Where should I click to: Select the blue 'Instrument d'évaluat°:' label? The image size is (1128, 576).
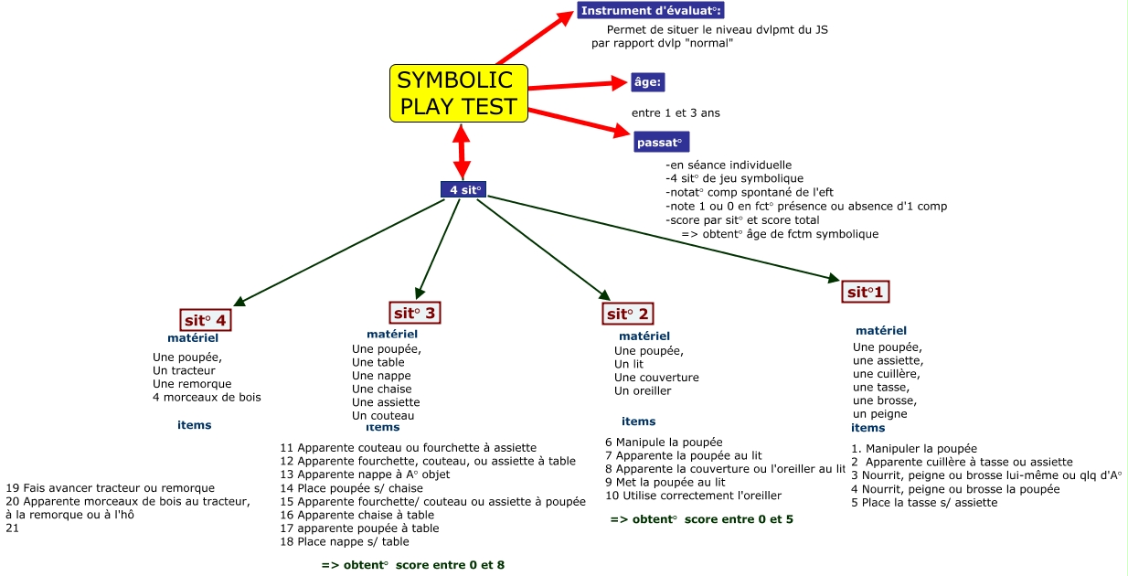pos(650,11)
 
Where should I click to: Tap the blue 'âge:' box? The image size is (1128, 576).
pos(648,82)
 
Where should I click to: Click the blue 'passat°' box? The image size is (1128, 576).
pos(661,142)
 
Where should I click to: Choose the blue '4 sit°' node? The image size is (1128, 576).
pos(463,190)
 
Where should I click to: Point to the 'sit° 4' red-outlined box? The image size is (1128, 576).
pos(205,320)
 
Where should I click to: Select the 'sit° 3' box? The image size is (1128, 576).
pos(416,313)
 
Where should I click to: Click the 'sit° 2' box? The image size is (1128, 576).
pos(628,315)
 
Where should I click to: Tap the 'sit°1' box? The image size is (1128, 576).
pos(865,293)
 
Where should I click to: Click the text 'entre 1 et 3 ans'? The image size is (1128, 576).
pos(676,113)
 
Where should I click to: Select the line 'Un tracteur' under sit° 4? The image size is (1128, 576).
pos(184,370)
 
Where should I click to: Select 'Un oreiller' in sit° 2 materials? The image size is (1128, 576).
pos(643,390)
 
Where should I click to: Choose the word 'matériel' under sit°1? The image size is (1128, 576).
pos(881,331)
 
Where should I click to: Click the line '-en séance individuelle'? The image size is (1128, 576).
pos(729,165)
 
